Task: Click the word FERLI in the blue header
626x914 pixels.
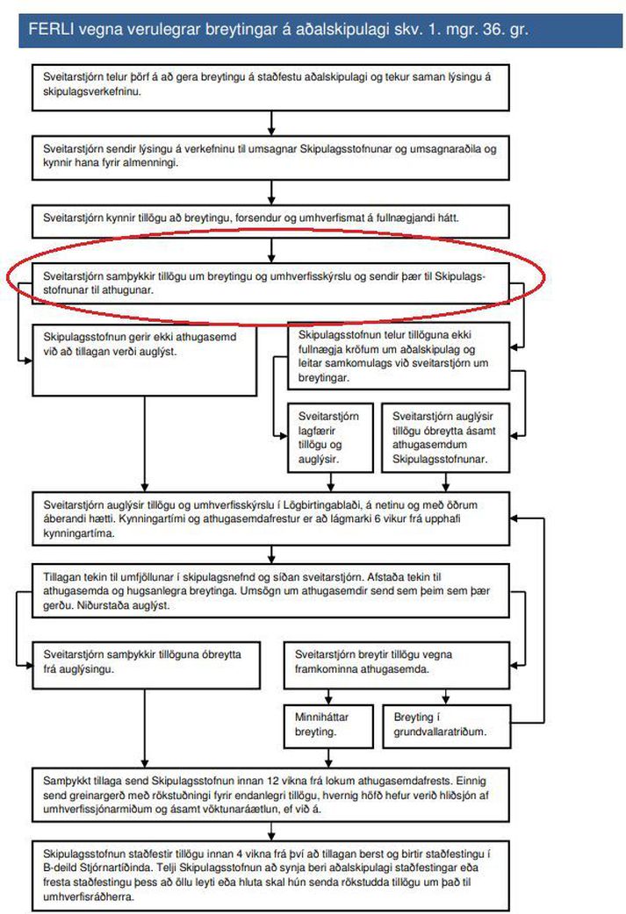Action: (51, 29)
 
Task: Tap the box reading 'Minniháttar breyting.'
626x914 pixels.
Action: (328, 726)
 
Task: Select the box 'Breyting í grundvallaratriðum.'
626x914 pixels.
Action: (446, 726)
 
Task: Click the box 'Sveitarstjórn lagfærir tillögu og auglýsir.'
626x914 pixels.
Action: (330, 438)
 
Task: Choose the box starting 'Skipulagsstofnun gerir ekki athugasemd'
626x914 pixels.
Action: (144, 360)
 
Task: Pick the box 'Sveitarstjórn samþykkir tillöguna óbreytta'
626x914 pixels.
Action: (146, 665)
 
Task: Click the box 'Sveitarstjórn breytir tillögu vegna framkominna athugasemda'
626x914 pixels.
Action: (397, 665)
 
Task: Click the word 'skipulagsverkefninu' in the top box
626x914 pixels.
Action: (91, 91)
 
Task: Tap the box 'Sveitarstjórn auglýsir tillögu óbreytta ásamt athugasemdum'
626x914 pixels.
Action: (446, 438)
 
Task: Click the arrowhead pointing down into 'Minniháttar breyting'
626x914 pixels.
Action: (328, 699)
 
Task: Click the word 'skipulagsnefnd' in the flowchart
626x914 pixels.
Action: (217, 577)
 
